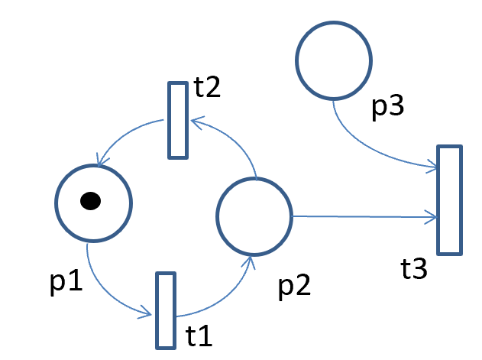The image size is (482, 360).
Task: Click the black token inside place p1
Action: tap(90, 201)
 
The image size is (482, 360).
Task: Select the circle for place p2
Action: tap(254, 216)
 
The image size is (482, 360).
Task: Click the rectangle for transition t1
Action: tap(165, 310)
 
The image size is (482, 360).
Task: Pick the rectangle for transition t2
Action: tap(177, 120)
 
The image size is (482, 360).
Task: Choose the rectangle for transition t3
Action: tap(449, 199)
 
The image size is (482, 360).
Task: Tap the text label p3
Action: tap(388, 108)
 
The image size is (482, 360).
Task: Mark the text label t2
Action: tap(207, 88)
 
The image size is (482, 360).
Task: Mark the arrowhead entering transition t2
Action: tap(194, 121)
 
